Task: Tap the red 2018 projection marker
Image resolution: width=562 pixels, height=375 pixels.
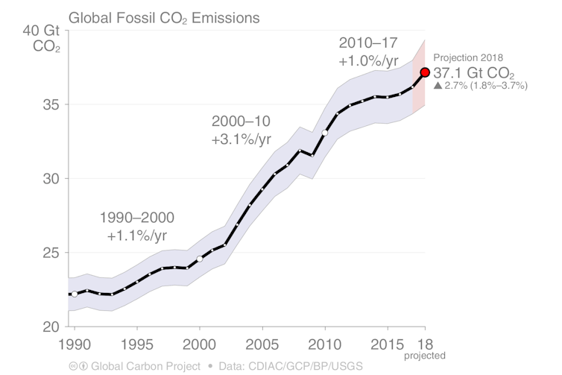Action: tap(425, 72)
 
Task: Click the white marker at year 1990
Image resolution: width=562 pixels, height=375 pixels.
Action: tap(74, 294)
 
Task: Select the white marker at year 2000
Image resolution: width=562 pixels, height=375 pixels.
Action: tap(200, 259)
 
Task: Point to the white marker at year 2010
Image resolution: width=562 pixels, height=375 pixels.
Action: tap(325, 133)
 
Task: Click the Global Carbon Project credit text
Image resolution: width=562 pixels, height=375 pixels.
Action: tap(145, 366)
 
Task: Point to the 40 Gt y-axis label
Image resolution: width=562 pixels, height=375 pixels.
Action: tap(42, 31)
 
